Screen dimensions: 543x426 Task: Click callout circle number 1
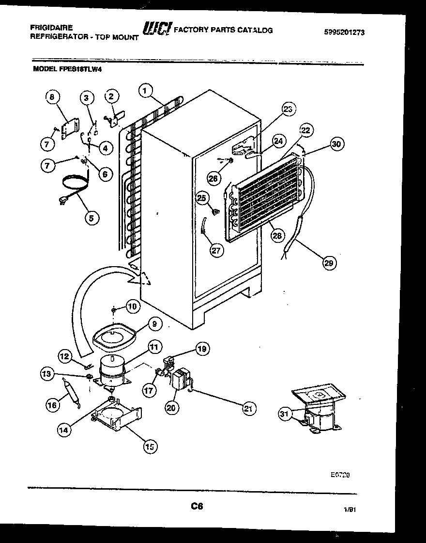[145, 90]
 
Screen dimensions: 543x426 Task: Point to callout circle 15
[150, 447]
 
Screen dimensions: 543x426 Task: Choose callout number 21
[248, 408]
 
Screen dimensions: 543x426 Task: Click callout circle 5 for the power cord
[91, 218]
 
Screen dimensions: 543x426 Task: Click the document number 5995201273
[344, 32]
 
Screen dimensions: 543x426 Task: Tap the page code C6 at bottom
[196, 507]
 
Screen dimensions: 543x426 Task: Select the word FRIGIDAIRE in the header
[51, 28]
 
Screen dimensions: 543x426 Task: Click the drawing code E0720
[340, 475]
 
